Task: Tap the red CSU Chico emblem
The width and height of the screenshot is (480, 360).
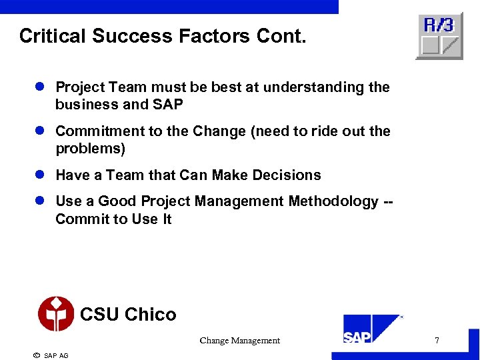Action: [56, 313]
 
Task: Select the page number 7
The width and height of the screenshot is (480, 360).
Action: [437, 341]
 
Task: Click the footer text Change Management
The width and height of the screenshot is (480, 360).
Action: [239, 341]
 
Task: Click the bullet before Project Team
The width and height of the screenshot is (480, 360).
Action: [39, 87]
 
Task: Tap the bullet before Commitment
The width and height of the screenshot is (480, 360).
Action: [39, 131]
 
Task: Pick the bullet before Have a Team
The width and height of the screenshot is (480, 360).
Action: [39, 175]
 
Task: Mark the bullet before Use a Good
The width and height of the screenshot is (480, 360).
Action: [39, 201]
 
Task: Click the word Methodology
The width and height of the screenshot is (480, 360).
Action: [333, 201]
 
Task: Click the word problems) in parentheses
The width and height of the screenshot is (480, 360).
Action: [91, 149]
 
